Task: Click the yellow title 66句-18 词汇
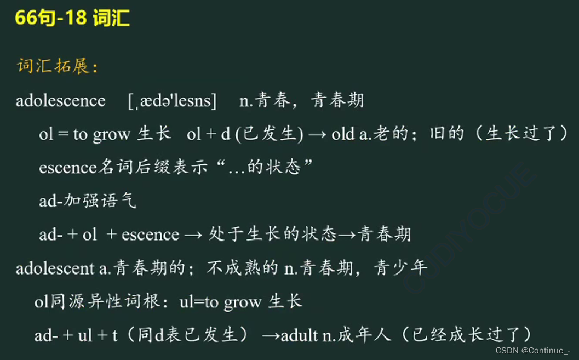[x=72, y=19]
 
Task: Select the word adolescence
[x=61, y=101]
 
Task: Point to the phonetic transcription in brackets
[x=172, y=101]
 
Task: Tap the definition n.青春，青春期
[x=301, y=101]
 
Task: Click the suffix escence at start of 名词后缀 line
[x=67, y=168]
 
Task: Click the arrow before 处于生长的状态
[x=194, y=235]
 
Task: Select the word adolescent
[x=55, y=268]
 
